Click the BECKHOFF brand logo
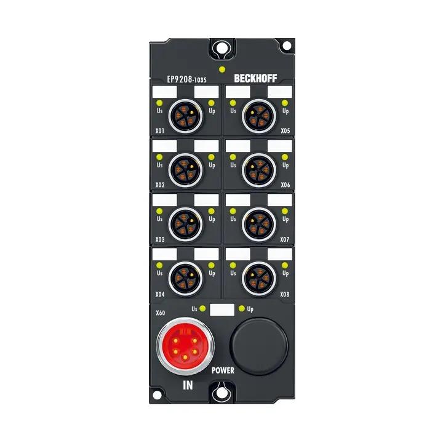coord(255,78)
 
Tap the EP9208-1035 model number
coord(186,79)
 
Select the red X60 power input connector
coord(185,346)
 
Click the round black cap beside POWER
coord(259,346)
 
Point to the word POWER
coord(223,370)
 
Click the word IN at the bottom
coord(188,385)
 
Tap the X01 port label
coord(159,130)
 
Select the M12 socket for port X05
coord(259,116)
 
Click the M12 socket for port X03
coord(185,225)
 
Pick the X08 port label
coord(284,294)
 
